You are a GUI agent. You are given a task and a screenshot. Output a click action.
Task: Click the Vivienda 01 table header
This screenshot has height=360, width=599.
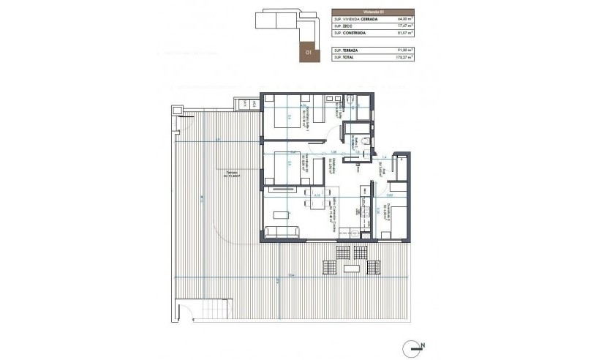coord(372,12)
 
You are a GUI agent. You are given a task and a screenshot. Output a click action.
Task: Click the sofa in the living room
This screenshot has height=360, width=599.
coord(282,232)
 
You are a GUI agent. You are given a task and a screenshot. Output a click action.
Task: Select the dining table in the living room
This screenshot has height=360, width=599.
coord(316,203)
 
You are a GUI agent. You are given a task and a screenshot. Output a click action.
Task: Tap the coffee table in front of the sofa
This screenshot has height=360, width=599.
coord(281,214)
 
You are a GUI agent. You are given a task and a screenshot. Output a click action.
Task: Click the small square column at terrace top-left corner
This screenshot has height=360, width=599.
coord(176,110)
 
